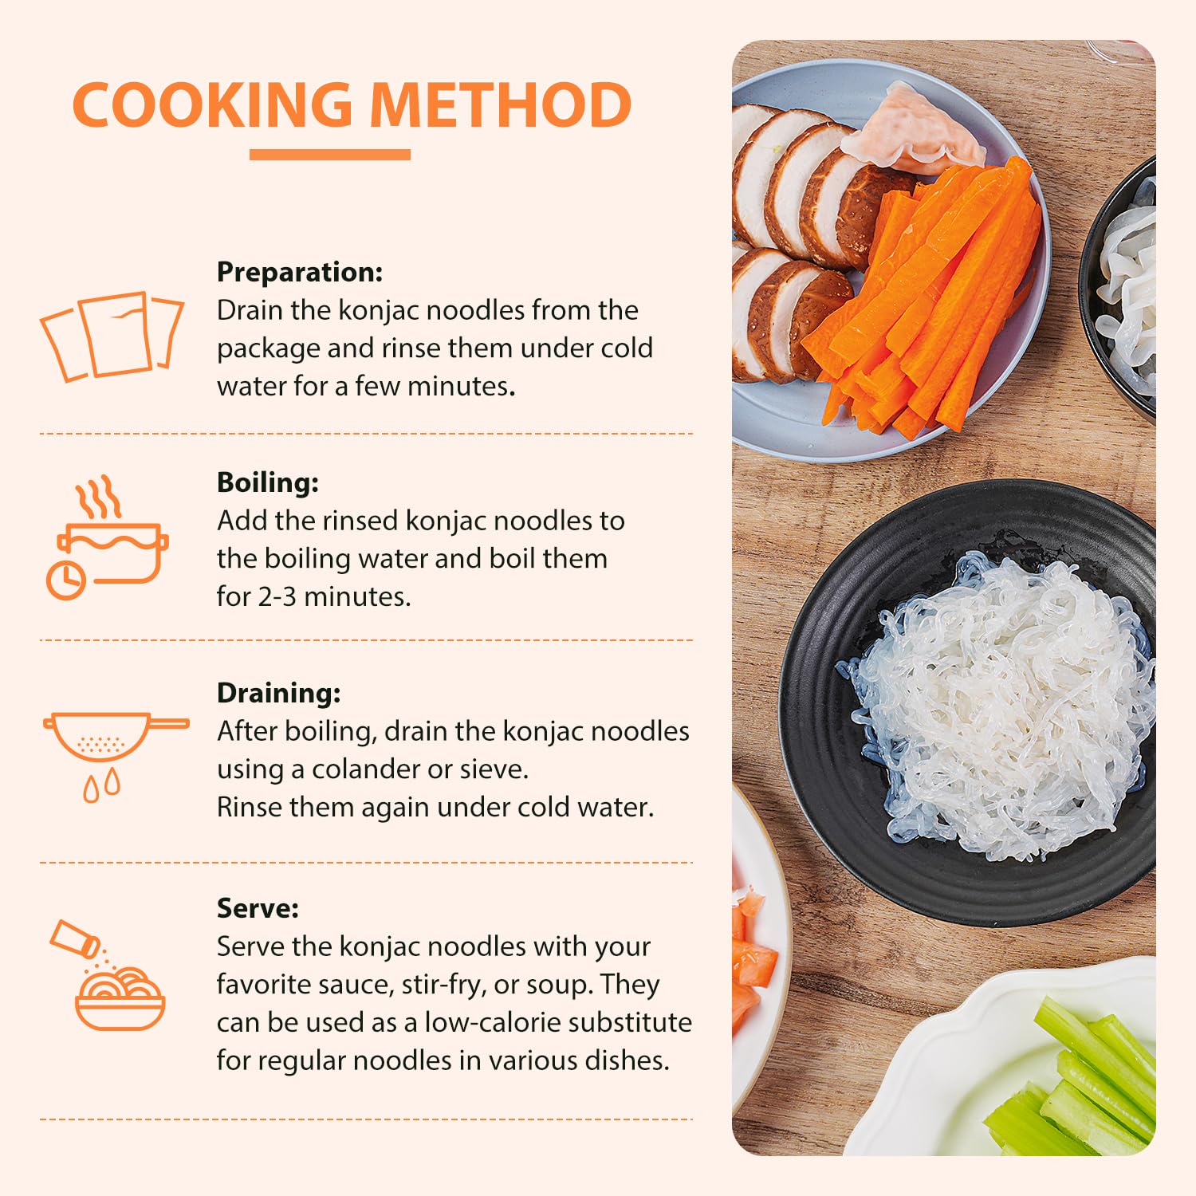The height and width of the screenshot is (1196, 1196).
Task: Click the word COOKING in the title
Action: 212,105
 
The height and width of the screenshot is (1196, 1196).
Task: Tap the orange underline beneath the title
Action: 330,155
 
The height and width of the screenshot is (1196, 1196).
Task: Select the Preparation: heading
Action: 300,273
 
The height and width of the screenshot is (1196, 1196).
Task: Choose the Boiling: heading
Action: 268,482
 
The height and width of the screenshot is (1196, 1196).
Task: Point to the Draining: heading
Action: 279,693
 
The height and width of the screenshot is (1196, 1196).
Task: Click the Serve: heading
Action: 258,908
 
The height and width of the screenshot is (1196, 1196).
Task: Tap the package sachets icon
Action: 112,336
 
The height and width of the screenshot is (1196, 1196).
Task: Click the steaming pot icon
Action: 108,537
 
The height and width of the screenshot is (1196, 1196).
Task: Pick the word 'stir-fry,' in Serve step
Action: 444,985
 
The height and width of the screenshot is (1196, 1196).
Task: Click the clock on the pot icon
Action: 66,580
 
